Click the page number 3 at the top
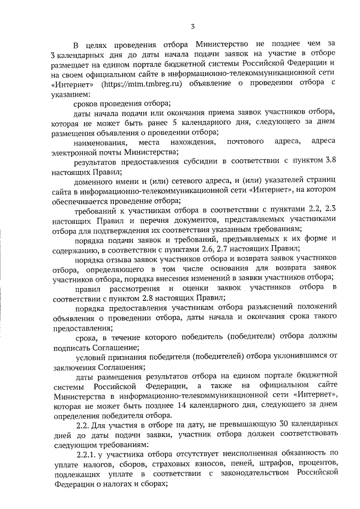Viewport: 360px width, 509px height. click(192, 25)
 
